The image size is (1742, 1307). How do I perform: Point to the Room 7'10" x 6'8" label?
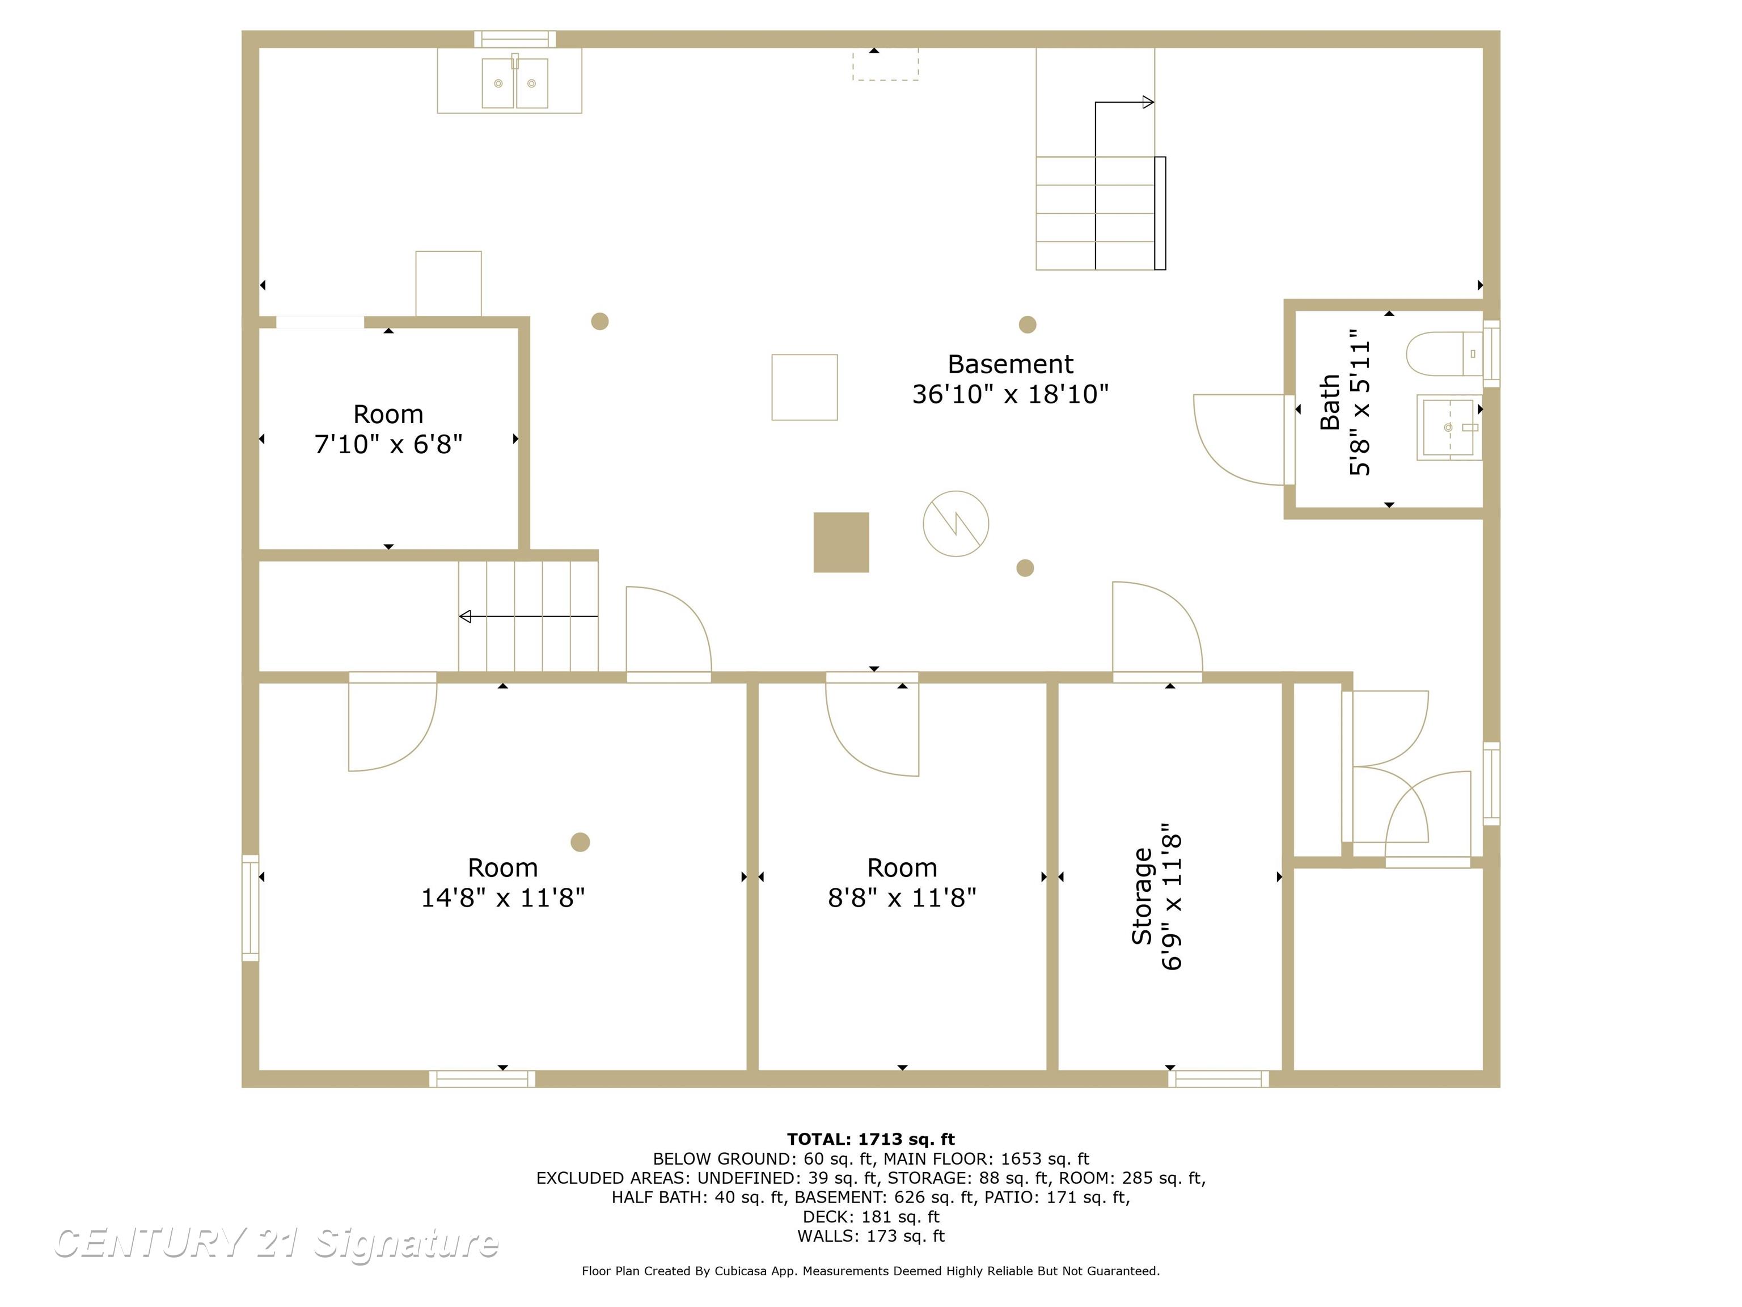pyautogui.click(x=388, y=429)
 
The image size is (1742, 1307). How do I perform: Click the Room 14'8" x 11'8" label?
pyautogui.click(x=502, y=882)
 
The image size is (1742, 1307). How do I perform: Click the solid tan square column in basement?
pyautogui.click(x=841, y=542)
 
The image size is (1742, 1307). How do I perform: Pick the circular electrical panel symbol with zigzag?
pyautogui.click(x=955, y=523)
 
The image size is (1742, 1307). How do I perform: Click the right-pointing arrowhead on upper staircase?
pyautogui.click(x=1148, y=103)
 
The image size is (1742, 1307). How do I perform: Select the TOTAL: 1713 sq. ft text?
pyautogui.click(x=870, y=1139)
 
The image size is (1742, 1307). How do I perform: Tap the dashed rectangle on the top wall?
pyautogui.click(x=885, y=65)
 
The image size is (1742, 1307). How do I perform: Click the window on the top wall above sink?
pyautogui.click(x=515, y=39)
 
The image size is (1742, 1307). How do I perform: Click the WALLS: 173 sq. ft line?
pyautogui.click(x=870, y=1236)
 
